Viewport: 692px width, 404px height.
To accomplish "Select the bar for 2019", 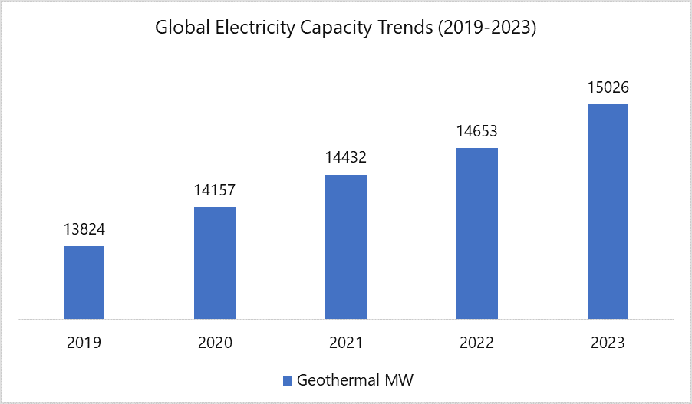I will [84, 282].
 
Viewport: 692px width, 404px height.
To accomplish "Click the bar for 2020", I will [215, 263].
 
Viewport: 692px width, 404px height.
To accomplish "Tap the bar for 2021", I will [346, 247].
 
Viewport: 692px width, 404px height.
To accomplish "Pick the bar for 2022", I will [477, 233].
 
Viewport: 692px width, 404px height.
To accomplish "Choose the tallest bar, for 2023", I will [608, 212].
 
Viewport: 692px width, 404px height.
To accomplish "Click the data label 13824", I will [84, 229].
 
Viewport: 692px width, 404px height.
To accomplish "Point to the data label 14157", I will [215, 190].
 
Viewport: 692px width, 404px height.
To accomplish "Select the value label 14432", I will [346, 158].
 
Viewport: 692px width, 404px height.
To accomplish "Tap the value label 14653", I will [477, 131].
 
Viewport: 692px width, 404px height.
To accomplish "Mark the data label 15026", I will [608, 87].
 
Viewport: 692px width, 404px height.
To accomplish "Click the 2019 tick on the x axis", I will [84, 343].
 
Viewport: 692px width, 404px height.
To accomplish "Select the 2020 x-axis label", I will [215, 343].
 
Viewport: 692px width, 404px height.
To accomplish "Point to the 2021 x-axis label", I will [346, 343].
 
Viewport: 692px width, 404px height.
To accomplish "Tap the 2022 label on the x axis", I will [477, 343].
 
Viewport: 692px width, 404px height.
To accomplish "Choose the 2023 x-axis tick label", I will [608, 343].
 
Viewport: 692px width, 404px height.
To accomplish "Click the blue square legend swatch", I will [288, 380].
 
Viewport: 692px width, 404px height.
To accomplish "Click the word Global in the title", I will [178, 28].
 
